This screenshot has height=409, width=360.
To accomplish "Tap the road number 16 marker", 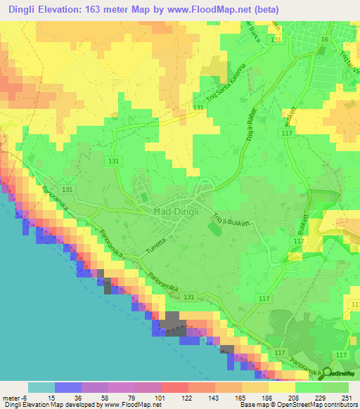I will (x=324, y=40).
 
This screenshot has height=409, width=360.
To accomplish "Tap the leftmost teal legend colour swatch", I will (x=41, y=387).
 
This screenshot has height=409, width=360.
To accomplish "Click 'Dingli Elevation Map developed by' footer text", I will (x=49, y=405).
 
